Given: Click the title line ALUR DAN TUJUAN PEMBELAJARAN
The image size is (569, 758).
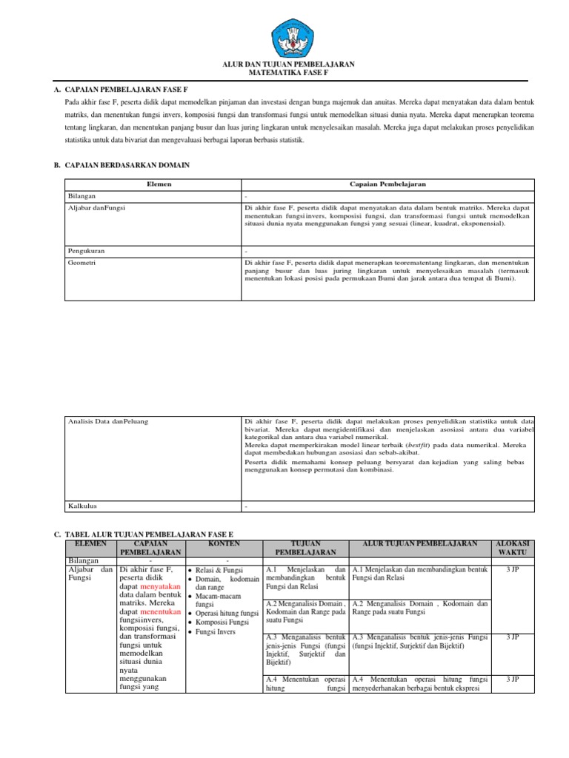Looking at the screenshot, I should point(289,64).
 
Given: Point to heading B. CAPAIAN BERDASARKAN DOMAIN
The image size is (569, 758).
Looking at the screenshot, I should point(122,166).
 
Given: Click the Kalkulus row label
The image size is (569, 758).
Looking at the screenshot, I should point(82,506).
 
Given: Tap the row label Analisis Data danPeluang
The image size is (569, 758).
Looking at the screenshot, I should point(107,421).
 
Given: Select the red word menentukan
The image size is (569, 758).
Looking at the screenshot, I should point(159,613).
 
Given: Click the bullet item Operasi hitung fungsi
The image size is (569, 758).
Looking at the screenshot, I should point(227,614).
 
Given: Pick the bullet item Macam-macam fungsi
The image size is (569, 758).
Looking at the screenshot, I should point(222,600).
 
